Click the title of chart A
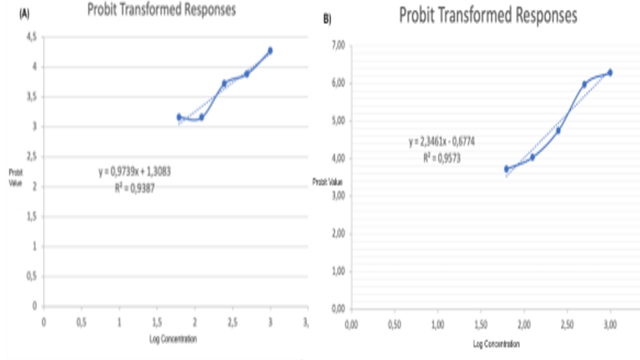[161, 10]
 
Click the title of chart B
[487, 16]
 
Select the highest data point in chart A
[270, 50]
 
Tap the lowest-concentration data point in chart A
[179, 117]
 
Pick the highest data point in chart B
[609, 72]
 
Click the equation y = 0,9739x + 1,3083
[135, 172]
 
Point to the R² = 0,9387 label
[135, 188]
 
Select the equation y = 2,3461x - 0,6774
[441, 142]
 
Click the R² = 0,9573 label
[441, 158]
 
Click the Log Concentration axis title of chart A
[173, 339]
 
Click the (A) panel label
[24, 15]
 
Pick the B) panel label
[327, 19]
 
